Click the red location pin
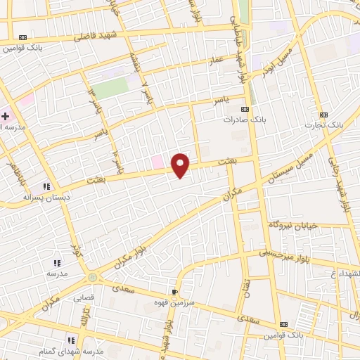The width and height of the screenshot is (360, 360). (181, 165)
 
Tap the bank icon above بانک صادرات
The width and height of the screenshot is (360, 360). (245, 110)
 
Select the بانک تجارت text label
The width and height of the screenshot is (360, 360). (323, 125)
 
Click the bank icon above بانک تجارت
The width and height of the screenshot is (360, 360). (323, 115)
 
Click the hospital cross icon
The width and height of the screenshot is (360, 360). (6, 117)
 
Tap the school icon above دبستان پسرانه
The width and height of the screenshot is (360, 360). (46, 186)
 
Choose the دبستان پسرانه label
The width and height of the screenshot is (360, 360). (46, 198)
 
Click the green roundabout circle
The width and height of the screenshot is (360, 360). (93, 278)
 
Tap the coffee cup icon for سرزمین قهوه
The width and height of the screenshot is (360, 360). (175, 291)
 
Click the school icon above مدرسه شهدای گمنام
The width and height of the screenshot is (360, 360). (70, 340)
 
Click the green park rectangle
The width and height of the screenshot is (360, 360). (109, 89)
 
